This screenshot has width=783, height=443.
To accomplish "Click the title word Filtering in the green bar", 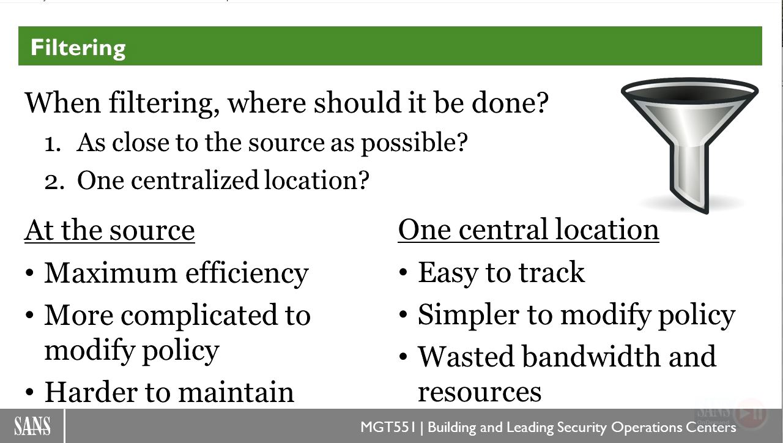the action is pos(78,48).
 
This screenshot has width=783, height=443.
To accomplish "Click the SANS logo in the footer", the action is pos(32,426).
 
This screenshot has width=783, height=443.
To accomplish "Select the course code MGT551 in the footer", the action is pos(388,427).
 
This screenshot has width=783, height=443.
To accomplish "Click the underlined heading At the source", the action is pos(109,231).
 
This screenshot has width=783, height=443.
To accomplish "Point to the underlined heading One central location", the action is pos(529,229).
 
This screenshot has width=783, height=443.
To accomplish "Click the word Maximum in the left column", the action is pos(111,273).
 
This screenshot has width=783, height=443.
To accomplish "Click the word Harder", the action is pos(91,392).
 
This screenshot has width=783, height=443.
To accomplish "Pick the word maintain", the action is pos(236,392).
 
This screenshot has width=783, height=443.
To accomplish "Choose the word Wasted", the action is pos(466,357).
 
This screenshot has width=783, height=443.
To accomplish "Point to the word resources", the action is pos(480,392).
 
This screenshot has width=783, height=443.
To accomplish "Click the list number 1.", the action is pos(53,144).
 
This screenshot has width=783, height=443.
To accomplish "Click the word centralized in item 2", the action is pos(195,180).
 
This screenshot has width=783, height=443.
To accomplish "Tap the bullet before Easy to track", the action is pos(403,273).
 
